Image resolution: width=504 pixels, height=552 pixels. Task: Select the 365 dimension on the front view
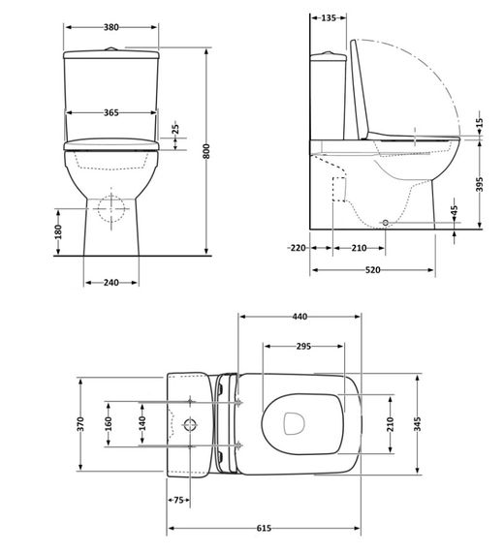(110, 113)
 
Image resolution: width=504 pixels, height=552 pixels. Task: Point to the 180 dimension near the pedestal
(58, 231)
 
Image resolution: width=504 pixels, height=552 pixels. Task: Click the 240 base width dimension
(110, 283)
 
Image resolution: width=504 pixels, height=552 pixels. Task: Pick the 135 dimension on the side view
(329, 17)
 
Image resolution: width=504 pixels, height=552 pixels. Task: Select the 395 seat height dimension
(480, 185)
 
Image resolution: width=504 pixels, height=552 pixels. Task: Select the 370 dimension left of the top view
(81, 423)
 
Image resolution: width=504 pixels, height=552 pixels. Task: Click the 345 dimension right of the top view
(418, 423)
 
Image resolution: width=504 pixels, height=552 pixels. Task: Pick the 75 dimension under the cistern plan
(178, 500)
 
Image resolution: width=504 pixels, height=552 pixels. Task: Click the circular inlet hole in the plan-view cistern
(190, 424)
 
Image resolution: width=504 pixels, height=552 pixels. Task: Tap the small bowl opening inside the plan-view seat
(294, 422)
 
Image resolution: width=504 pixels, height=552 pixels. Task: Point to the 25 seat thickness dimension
(174, 129)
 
